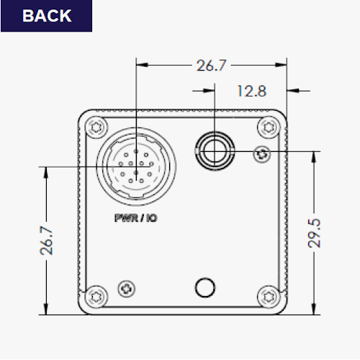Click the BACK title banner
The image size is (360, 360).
(46, 16)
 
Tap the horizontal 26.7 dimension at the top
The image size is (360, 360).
(211, 66)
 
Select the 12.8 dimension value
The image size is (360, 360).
(252, 91)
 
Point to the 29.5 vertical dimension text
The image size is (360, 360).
(314, 233)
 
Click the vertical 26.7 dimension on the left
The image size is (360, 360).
(46, 240)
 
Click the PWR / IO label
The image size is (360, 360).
(136, 218)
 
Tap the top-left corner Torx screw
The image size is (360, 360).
(96, 127)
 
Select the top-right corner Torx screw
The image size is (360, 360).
(269, 127)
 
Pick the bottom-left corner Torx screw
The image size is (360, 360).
(96, 297)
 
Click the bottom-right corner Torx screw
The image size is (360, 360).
(269, 297)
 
